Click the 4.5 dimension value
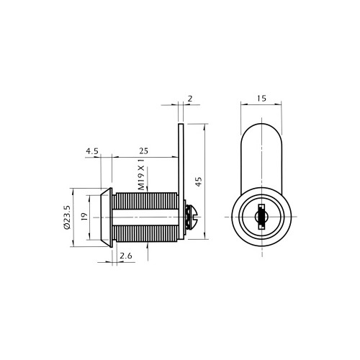[92, 151]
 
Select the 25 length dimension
[143, 151]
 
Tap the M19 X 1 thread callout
[142, 174]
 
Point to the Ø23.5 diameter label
[67, 217]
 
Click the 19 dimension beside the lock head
[84, 217]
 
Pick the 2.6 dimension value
[126, 256]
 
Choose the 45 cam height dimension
[199, 181]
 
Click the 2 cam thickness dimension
[190, 99]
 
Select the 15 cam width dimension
[261, 99]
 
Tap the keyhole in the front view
[261, 217]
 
